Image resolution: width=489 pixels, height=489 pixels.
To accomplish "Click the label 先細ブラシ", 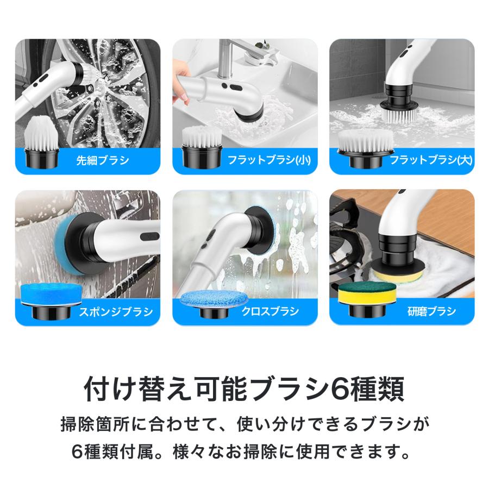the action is coord(103,160).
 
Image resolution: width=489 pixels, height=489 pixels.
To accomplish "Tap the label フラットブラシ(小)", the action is coord(269,160).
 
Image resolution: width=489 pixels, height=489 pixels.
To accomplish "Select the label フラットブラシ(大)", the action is coord(431,160).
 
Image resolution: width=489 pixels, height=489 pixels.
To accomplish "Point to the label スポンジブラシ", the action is coord(116,311).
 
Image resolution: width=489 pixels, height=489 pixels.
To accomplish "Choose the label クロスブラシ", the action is coord(270,311).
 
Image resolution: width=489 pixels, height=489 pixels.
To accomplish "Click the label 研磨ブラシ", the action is coord(431,311).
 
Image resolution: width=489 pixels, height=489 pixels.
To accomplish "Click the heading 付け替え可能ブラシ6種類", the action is coord(244,389).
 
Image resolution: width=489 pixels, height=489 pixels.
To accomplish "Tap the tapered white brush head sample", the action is coord(41,143).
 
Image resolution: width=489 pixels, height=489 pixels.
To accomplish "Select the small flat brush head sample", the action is coord(202,146).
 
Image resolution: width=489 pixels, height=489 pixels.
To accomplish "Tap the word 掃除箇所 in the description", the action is coord(96,424).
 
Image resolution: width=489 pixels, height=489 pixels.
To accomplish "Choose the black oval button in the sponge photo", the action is coord(149,236).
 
